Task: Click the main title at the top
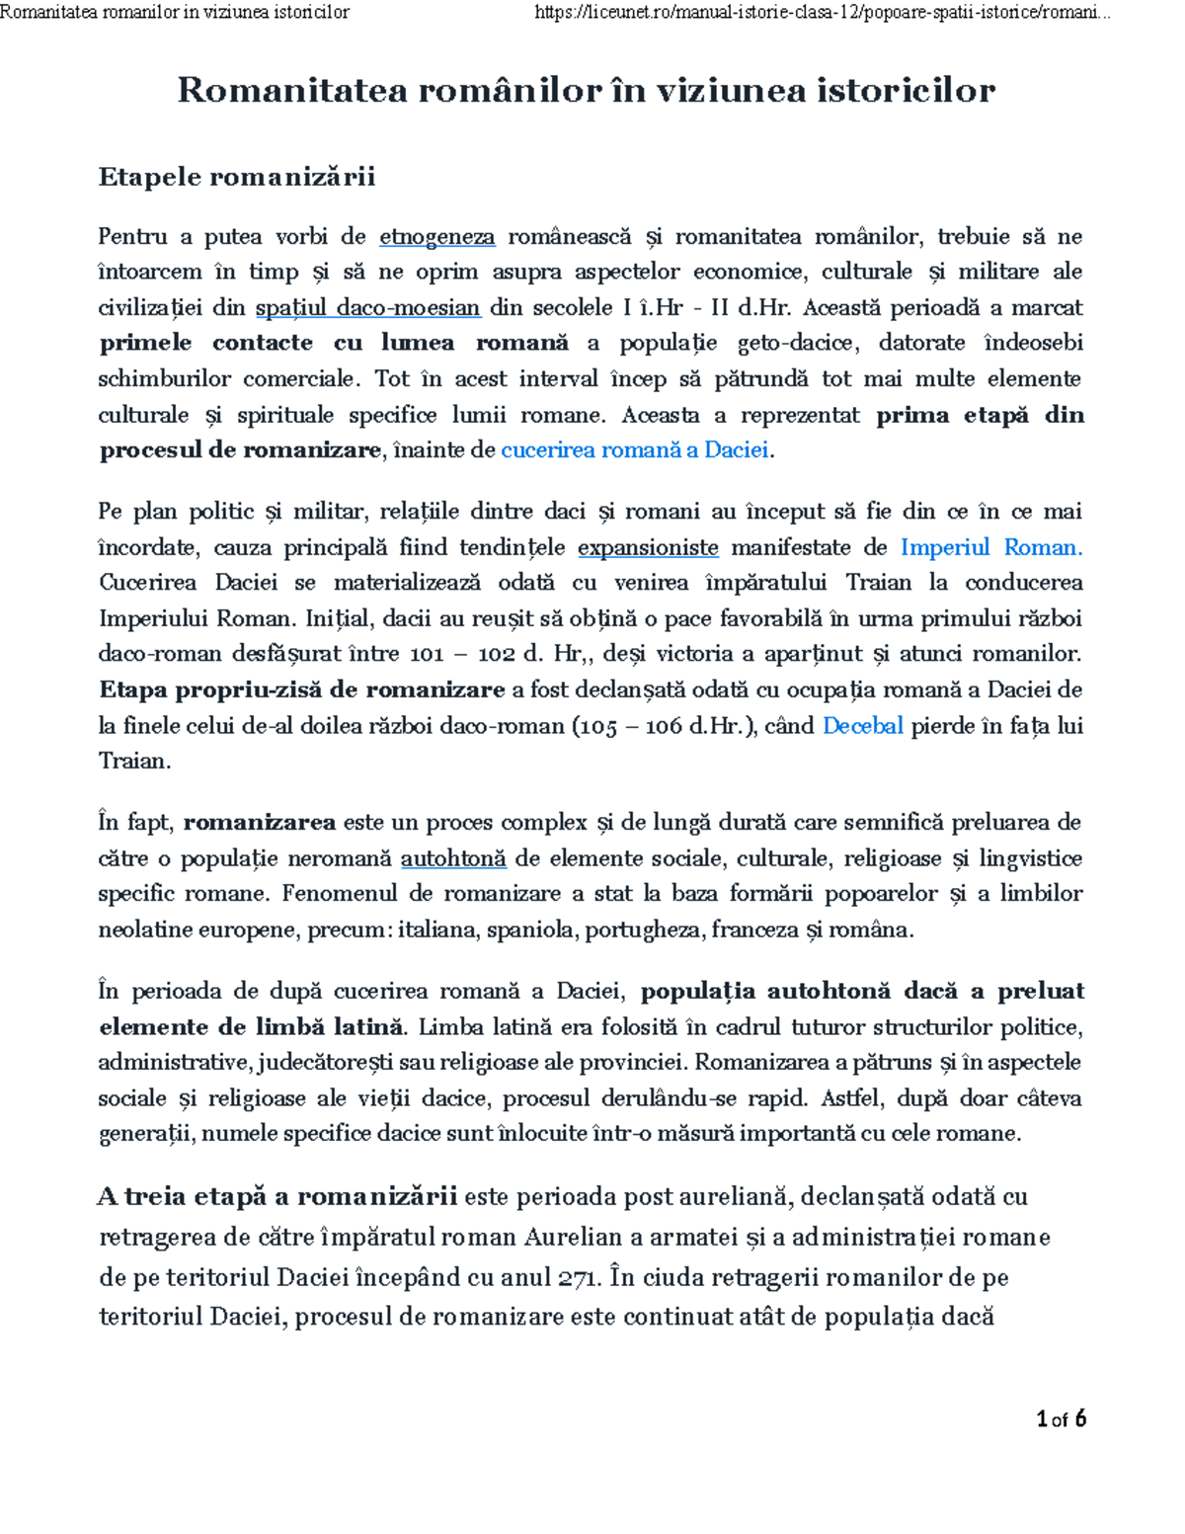(586, 91)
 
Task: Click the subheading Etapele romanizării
(237, 177)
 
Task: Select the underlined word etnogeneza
(437, 237)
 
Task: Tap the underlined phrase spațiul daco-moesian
(368, 308)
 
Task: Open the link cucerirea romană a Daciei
(635, 450)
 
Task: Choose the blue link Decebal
(862, 726)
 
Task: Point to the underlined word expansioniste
(648, 547)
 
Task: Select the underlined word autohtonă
(453, 858)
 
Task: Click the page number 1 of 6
(1062, 1419)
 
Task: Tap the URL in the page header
(821, 13)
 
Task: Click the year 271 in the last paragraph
(580, 1278)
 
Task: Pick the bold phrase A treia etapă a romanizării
(277, 1197)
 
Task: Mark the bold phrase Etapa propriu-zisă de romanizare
(302, 689)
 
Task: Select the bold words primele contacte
(205, 343)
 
